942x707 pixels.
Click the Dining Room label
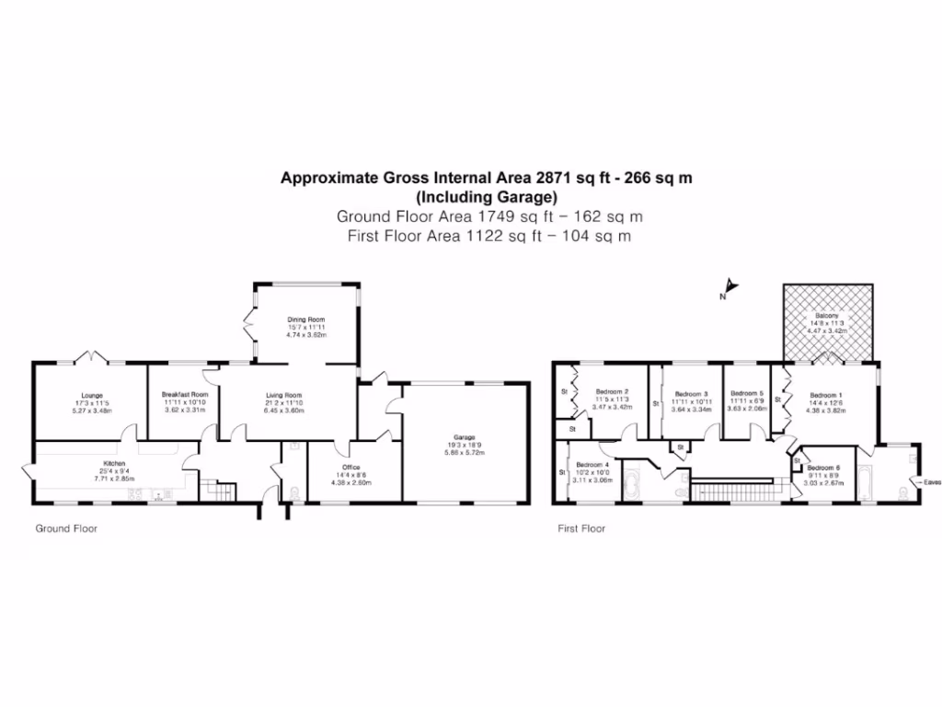(x=305, y=320)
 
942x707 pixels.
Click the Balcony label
(x=826, y=316)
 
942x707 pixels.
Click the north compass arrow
(x=729, y=285)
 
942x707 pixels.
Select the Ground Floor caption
(x=66, y=529)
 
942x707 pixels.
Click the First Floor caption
(x=581, y=529)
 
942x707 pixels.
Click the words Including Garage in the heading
(x=487, y=197)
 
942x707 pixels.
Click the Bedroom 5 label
(x=747, y=393)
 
